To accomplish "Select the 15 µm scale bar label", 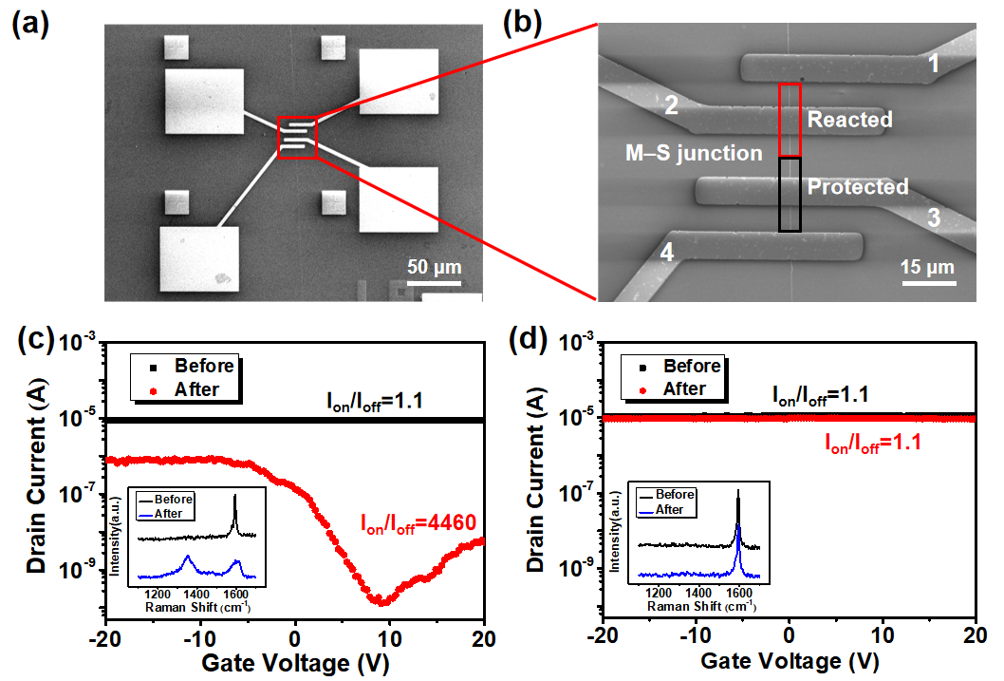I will [927, 268].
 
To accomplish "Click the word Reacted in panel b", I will [849, 120].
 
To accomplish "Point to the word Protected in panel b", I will [858, 187].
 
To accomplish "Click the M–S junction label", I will [695, 153].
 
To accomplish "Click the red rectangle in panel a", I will [297, 136].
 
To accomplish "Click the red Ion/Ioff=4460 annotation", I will [418, 520].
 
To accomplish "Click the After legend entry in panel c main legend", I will [195, 389].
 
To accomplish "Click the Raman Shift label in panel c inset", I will [199, 605].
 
